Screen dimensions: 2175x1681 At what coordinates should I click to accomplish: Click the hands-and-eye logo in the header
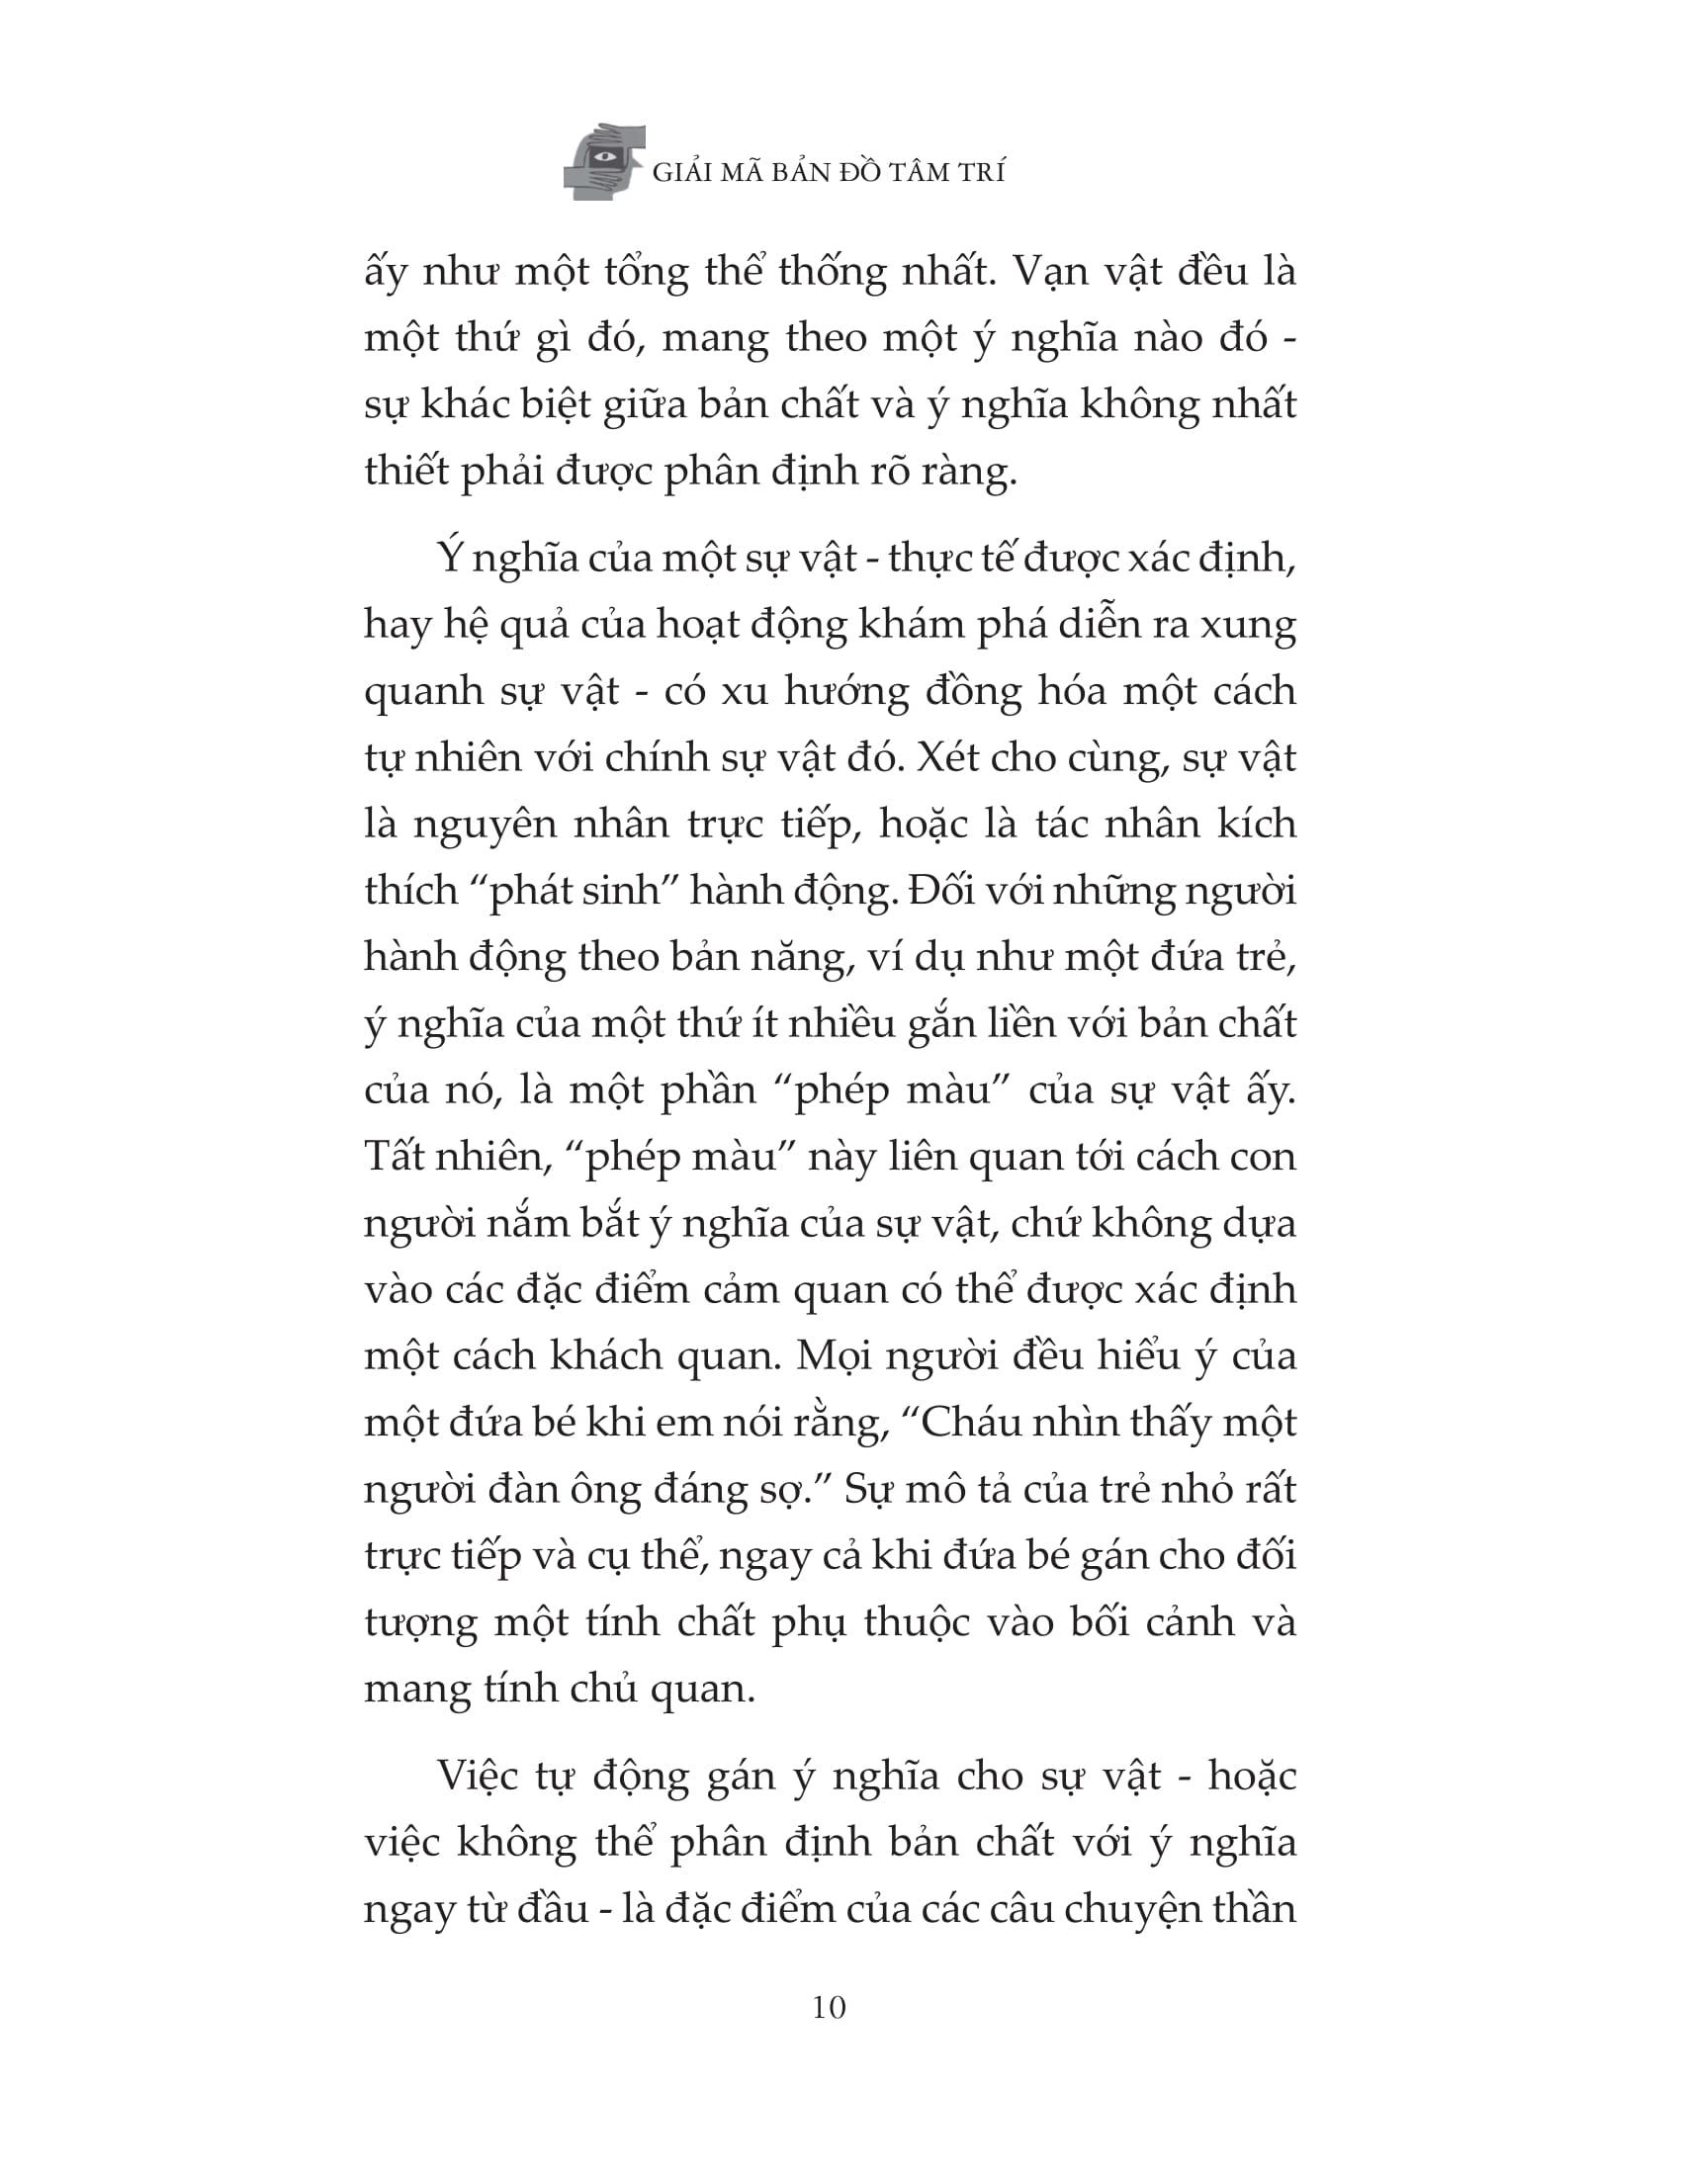tap(604, 161)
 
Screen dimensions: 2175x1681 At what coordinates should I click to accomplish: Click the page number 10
tap(830, 2008)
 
